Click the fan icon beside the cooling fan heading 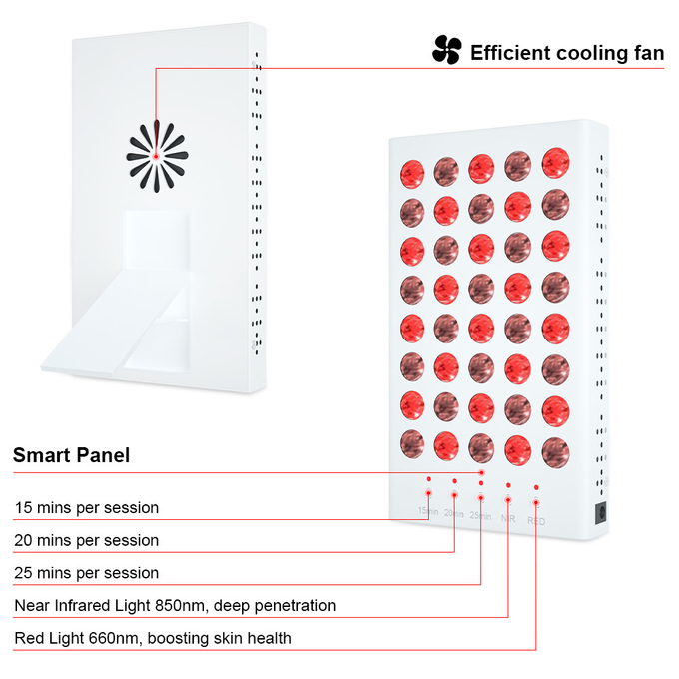point(447,50)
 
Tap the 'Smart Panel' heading point(72,455)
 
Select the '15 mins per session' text point(87,507)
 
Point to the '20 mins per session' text point(87,540)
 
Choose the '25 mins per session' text point(87,573)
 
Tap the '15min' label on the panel point(428,511)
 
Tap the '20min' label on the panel point(453,513)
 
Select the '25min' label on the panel point(480,516)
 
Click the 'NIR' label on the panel point(508,518)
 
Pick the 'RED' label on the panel point(536,521)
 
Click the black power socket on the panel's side point(601,512)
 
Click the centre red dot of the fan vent point(156,156)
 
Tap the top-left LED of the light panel point(412,174)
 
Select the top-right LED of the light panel point(555,163)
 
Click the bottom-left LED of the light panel point(412,444)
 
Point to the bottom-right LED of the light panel point(555,453)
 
